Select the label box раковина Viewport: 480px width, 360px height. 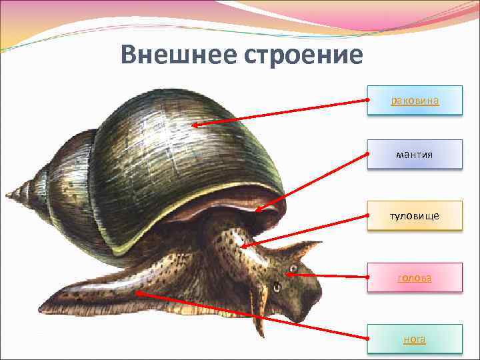point(414,101)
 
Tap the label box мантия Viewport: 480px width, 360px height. point(414,155)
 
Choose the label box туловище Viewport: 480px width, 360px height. point(414,216)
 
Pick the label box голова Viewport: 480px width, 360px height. point(414,277)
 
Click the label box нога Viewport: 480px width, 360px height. point(414,339)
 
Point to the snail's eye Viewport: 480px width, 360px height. point(275,287)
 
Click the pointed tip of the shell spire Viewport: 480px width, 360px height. point(8,195)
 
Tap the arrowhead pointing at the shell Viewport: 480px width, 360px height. point(194,125)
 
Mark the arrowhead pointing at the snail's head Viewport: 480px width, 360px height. point(289,273)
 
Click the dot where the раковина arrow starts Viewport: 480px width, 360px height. point(367,100)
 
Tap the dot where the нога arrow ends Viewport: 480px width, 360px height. point(367,339)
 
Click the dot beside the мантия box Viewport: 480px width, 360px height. point(367,154)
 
